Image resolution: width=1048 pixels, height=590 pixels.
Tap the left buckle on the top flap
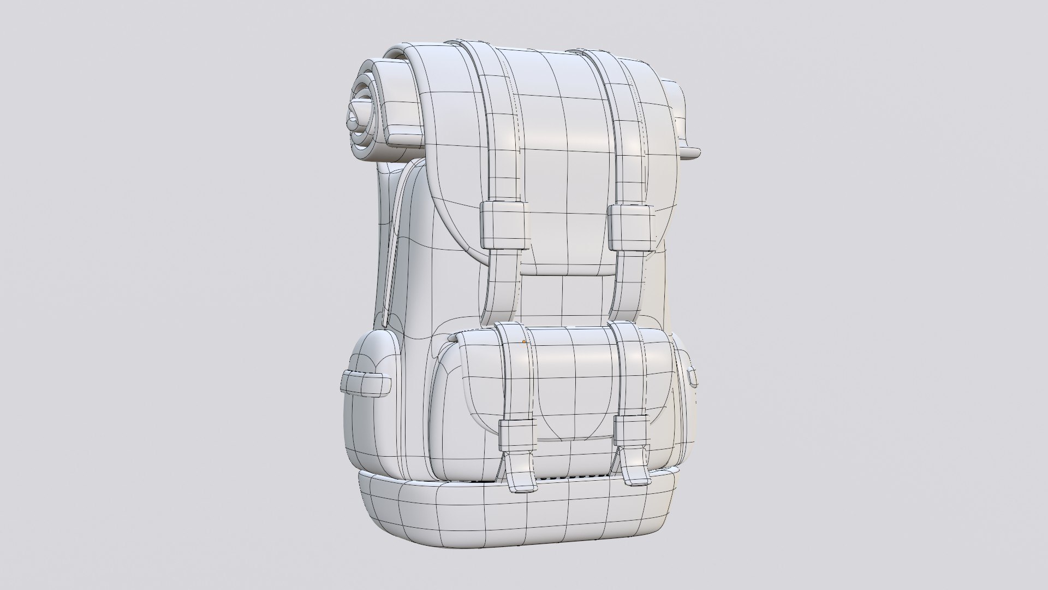click(504, 226)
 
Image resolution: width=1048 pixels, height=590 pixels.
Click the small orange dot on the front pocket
click(524, 342)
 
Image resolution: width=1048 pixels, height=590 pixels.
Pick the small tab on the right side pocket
click(693, 376)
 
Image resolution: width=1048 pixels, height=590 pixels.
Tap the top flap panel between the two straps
click(562, 137)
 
